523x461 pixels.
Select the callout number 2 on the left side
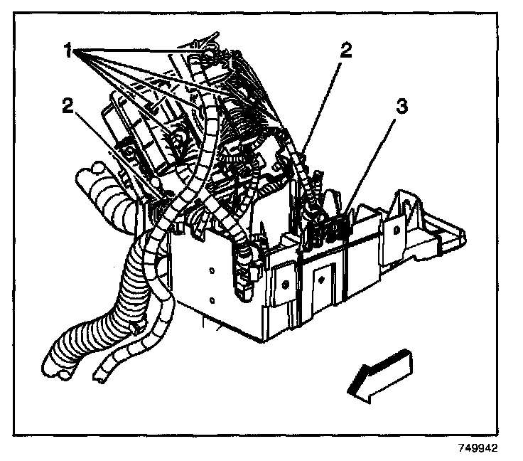point(69,105)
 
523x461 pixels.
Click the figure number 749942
point(481,449)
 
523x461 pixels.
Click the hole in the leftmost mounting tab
point(284,284)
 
